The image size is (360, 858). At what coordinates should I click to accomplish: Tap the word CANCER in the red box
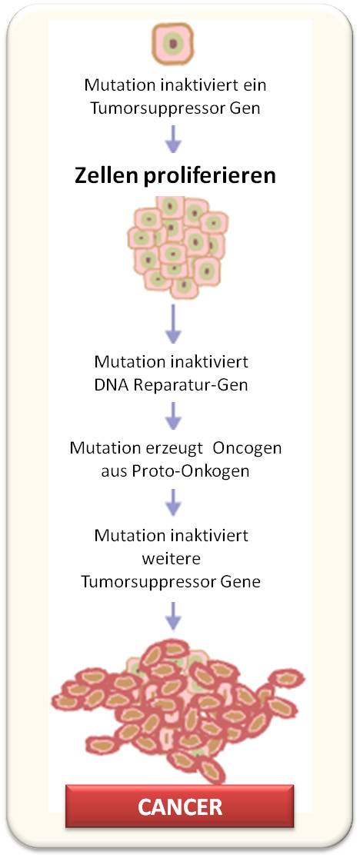click(x=180, y=807)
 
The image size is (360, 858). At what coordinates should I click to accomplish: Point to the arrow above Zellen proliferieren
click(x=173, y=138)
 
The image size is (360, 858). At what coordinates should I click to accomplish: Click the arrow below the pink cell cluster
click(x=173, y=324)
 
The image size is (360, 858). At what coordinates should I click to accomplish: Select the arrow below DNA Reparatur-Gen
click(x=173, y=417)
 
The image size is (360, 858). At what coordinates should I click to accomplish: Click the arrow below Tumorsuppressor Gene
click(x=173, y=615)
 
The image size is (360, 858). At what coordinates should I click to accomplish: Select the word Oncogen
click(x=247, y=448)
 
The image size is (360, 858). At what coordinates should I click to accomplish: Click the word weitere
click(x=172, y=559)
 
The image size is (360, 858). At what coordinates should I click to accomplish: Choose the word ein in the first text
click(x=256, y=86)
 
